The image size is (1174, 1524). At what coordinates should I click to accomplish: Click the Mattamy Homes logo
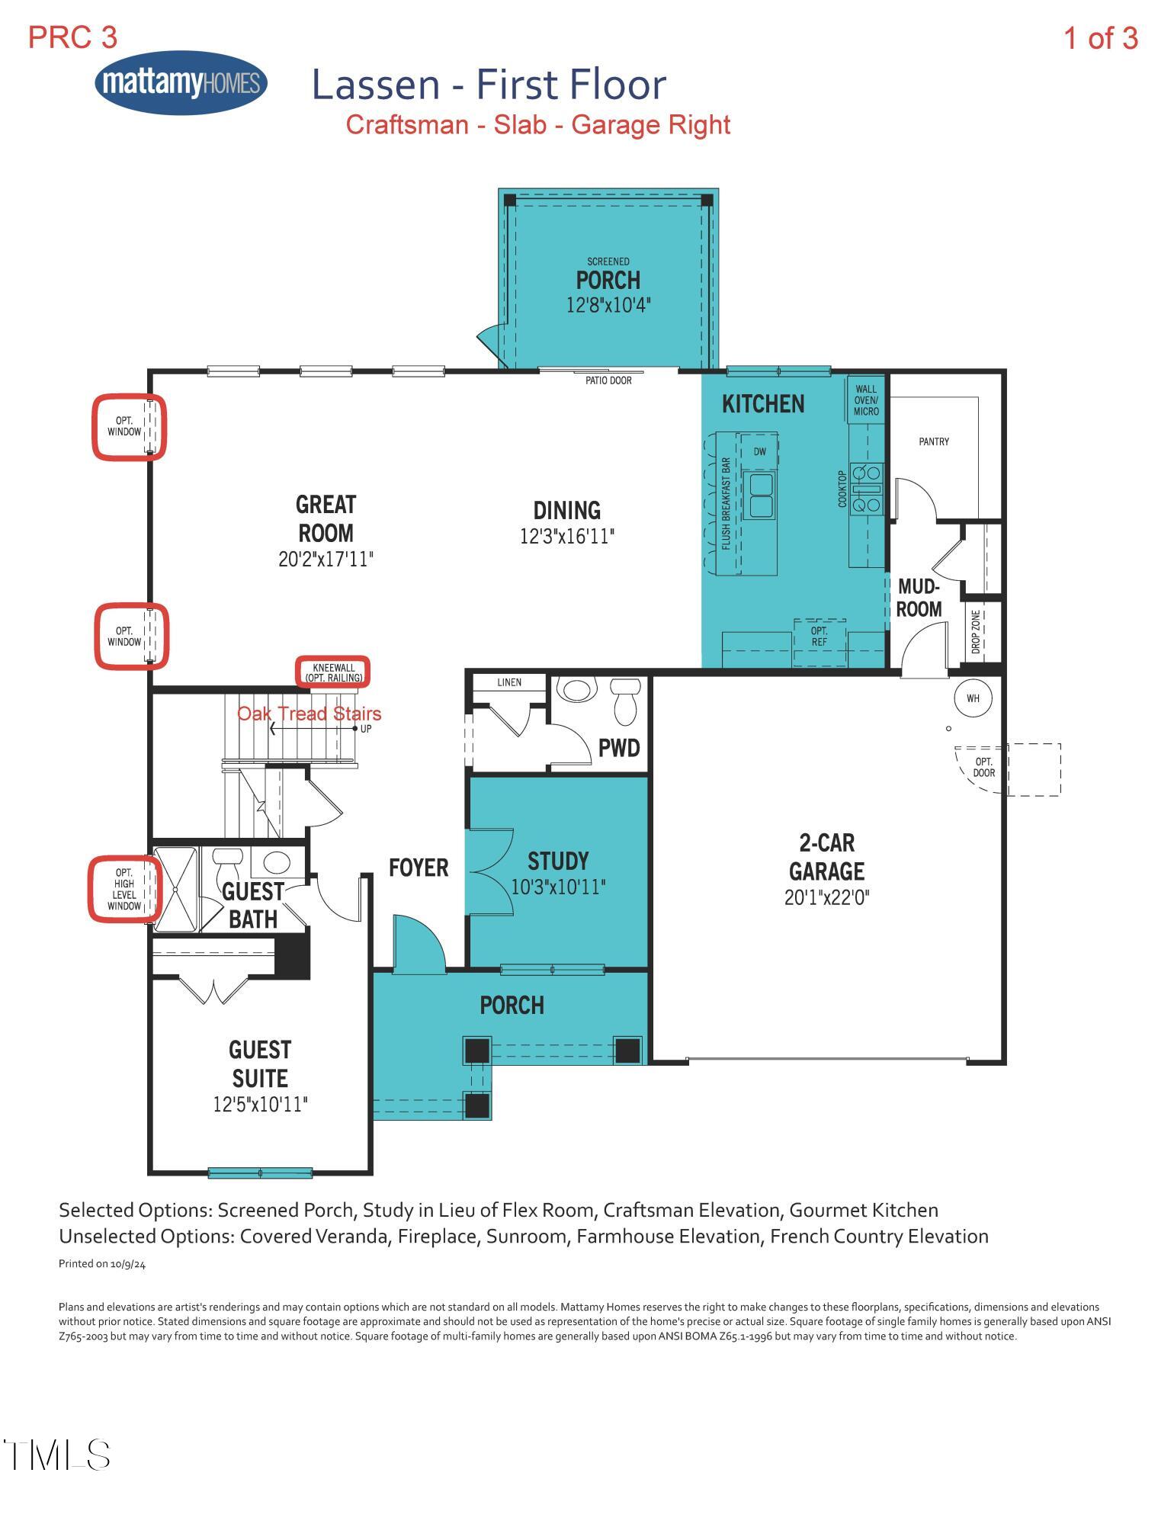point(181,83)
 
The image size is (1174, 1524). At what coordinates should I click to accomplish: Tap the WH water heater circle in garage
point(973,698)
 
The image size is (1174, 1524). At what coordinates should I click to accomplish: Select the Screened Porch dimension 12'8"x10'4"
point(608,306)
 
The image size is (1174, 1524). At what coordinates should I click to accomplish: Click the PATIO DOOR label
point(608,380)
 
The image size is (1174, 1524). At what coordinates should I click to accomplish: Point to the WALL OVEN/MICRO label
point(865,400)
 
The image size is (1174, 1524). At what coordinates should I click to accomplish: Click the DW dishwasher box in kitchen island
point(759,451)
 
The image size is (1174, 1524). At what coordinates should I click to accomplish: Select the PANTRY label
point(933,441)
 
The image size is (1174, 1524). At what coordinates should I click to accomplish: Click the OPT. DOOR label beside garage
point(983,767)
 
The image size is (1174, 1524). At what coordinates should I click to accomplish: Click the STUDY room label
point(558,861)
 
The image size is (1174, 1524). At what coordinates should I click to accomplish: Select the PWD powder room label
point(618,748)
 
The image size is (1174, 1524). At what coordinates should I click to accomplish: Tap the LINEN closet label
point(508,682)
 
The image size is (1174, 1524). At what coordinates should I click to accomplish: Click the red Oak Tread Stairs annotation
point(309,714)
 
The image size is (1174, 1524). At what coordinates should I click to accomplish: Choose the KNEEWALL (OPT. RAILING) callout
point(333,672)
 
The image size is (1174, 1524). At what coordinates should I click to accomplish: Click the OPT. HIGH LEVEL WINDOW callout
point(124,889)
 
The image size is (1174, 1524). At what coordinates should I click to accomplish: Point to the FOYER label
point(418,868)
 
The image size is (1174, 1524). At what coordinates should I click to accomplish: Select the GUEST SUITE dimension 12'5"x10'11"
point(260,1105)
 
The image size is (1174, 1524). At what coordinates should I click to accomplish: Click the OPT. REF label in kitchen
point(819,636)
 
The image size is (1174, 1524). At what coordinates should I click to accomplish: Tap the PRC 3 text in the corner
point(72,37)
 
